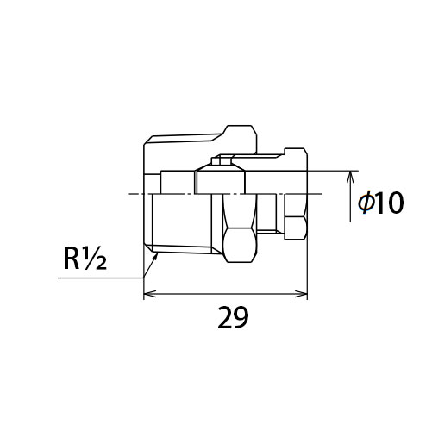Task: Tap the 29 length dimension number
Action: [x=233, y=317]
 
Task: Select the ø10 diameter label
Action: [x=380, y=203]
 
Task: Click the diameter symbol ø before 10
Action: [x=366, y=203]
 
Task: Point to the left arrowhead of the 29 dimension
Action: [x=149, y=294]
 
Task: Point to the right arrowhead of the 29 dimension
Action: [x=301, y=294]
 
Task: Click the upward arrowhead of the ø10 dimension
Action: [x=350, y=177]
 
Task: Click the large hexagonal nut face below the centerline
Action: [x=240, y=245]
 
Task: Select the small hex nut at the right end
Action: [x=295, y=228]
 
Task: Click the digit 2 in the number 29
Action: [x=225, y=317]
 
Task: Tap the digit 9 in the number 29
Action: [x=241, y=317]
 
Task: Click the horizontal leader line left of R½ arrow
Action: [x=100, y=278]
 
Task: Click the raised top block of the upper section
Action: [x=241, y=140]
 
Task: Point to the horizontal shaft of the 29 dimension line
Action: [x=225, y=294]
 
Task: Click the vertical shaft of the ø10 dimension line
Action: [x=350, y=197]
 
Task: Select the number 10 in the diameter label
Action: [x=390, y=203]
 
